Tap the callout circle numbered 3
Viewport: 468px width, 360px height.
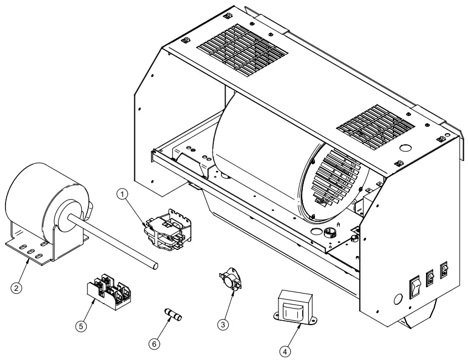pyautogui.click(x=223, y=325)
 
